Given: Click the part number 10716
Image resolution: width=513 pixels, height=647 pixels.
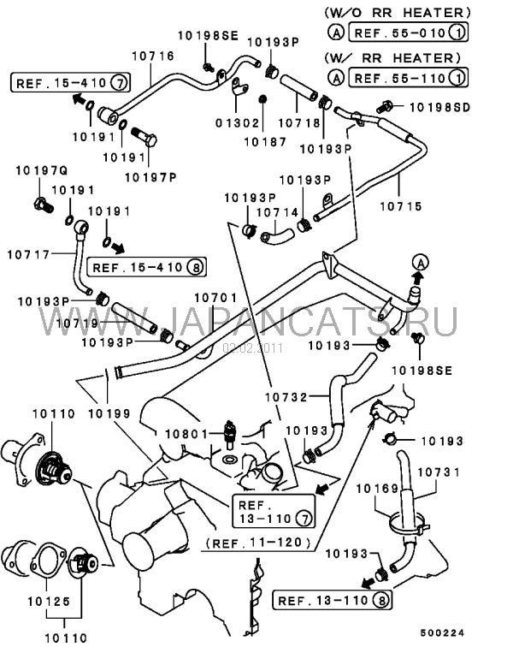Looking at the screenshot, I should pyautogui.click(x=153, y=56).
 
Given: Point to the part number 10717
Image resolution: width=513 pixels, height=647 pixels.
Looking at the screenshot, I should pyautogui.click(x=29, y=253).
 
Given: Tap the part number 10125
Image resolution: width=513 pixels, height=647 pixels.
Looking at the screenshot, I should pyautogui.click(x=54, y=602).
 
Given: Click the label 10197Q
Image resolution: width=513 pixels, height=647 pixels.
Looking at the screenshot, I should pyautogui.click(x=36, y=171).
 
